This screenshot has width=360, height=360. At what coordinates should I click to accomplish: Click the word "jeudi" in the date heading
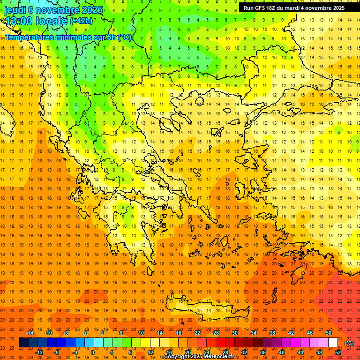[x=15, y=9]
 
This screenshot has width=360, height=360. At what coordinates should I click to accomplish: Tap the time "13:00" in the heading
[x=19, y=21]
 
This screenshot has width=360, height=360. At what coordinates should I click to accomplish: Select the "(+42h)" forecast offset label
[x=81, y=21]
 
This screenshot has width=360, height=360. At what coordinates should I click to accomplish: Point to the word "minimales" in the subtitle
[x=76, y=37]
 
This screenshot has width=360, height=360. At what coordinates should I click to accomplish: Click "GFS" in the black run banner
[x=262, y=8]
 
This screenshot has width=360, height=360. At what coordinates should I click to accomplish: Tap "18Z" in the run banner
[x=275, y=8]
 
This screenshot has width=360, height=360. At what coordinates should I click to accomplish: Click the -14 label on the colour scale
[x=31, y=333]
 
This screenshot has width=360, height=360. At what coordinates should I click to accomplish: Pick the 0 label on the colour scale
[x=92, y=352]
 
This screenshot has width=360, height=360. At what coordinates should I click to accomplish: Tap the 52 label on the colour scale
[x=338, y=352]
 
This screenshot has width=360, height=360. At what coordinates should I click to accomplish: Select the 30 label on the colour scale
[x=234, y=333]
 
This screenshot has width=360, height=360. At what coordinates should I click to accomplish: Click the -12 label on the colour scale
[x=39, y=352]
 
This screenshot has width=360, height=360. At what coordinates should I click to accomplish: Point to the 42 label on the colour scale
[x=291, y=333]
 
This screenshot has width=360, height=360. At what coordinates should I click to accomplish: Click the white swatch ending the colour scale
[x=333, y=343]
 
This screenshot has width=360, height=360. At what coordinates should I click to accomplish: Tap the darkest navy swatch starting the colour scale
[x=23, y=343]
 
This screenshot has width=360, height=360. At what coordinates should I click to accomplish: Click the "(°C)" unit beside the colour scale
[x=349, y=343]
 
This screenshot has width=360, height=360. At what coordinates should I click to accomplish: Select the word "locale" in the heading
[x=52, y=21]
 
